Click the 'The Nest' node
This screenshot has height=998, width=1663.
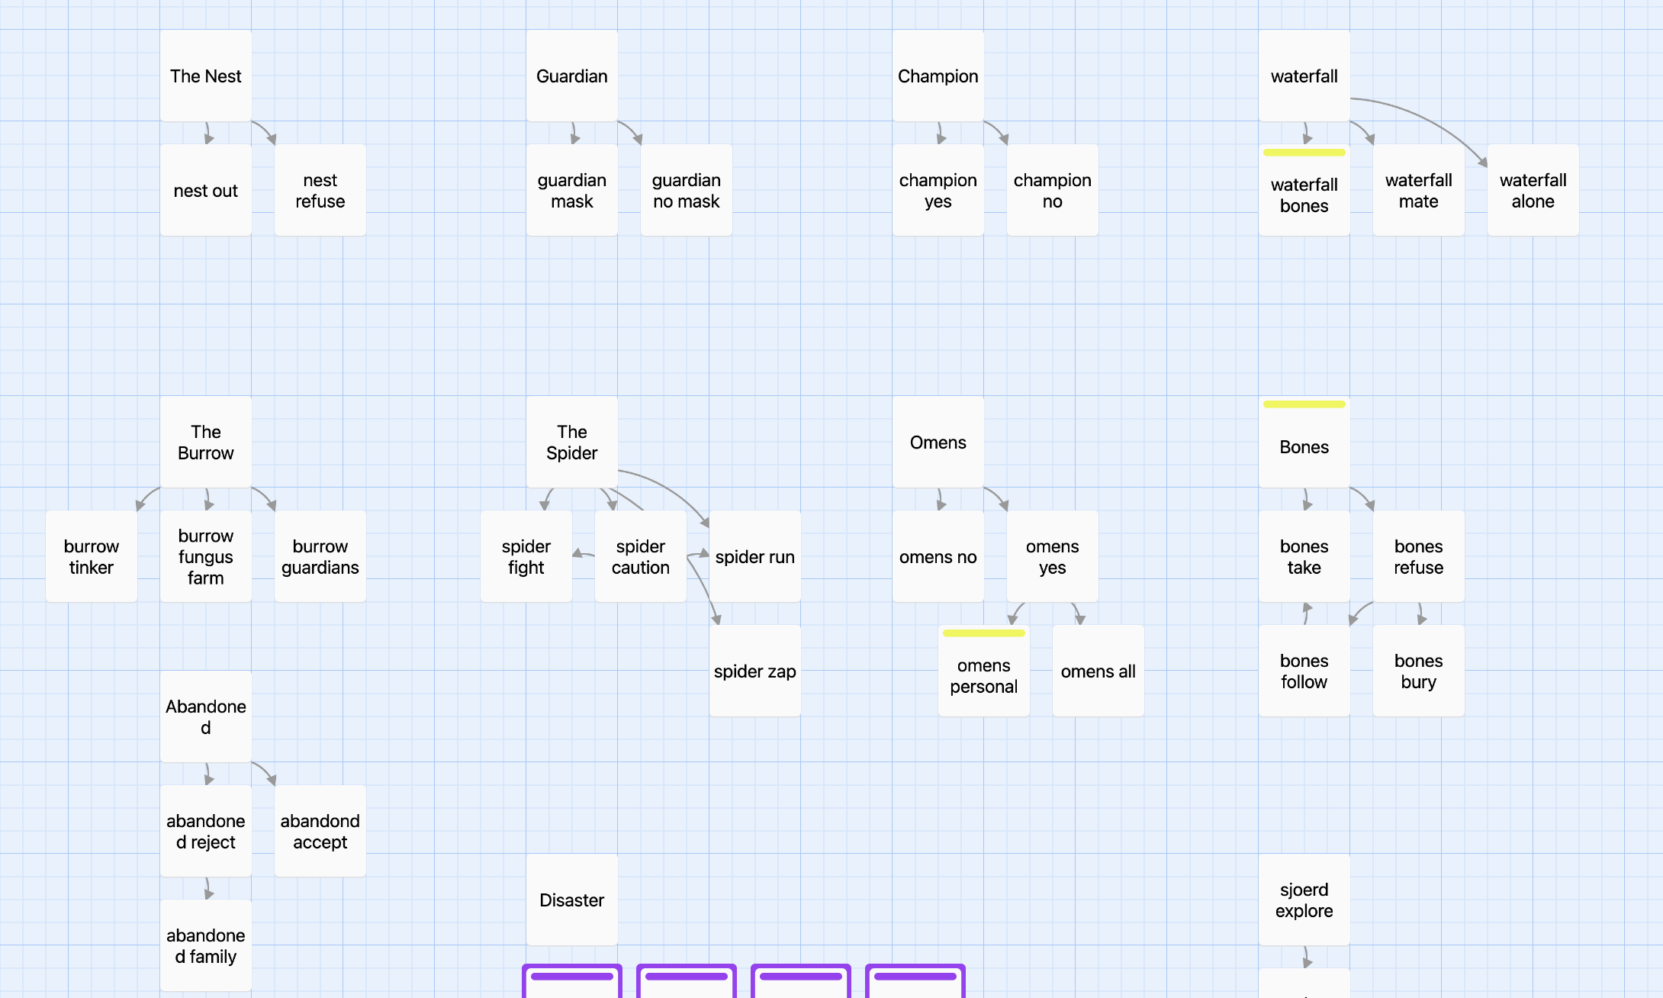pyautogui.click(x=206, y=76)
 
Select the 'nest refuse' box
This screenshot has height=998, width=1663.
pyautogui.click(x=320, y=190)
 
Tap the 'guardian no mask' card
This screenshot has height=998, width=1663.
pyautogui.click(x=687, y=190)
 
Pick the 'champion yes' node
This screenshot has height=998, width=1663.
pyautogui.click(x=938, y=190)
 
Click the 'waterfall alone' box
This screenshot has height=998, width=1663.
pyautogui.click(x=1533, y=190)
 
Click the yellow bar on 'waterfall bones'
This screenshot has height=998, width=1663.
pyautogui.click(x=1304, y=153)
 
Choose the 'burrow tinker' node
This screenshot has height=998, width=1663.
pyautogui.click(x=92, y=556)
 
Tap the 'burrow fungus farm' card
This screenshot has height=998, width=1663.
pyautogui.click(x=206, y=556)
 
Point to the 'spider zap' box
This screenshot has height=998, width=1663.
pyautogui.click(x=755, y=671)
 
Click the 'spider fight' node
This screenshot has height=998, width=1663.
pyautogui.click(x=526, y=556)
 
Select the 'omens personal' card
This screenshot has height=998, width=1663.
pyautogui.click(x=984, y=671)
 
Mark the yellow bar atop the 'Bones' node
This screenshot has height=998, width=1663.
pyautogui.click(x=1304, y=404)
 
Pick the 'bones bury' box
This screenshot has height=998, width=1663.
pyautogui.click(x=1419, y=671)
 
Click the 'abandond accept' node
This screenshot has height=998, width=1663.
pyautogui.click(x=320, y=831)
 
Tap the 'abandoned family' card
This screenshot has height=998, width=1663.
pyautogui.click(x=206, y=945)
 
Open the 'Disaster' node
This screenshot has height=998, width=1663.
pyautogui.click(x=572, y=900)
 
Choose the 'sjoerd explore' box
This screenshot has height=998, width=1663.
pyautogui.click(x=1304, y=900)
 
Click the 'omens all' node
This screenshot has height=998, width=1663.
pyautogui.click(x=1098, y=671)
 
